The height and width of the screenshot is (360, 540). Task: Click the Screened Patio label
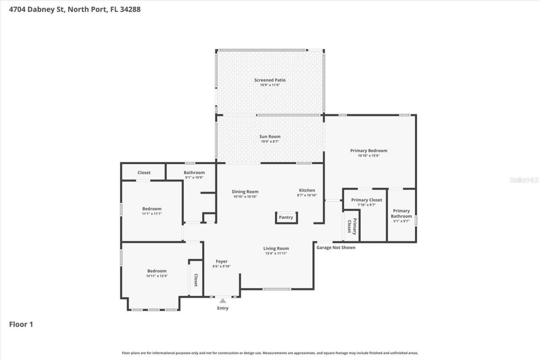tap(270, 80)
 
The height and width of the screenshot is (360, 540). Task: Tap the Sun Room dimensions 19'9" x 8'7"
tap(270, 141)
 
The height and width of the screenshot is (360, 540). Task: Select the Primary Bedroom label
tap(368, 151)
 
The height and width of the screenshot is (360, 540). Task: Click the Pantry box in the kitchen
tap(286, 217)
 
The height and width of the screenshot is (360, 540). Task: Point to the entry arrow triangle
tap(223, 300)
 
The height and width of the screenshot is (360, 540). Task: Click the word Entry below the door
tap(223, 308)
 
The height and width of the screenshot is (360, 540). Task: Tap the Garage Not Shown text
tap(336, 247)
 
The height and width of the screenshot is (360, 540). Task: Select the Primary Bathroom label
tap(401, 213)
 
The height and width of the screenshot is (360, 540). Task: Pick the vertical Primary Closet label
tap(352, 226)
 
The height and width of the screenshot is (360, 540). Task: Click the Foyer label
tap(221, 262)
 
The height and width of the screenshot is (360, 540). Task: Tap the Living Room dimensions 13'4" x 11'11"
tap(276, 253)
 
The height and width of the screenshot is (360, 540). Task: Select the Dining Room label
tap(245, 192)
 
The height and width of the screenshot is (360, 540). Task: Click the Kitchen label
tap(307, 190)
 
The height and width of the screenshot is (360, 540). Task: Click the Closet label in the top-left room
tap(144, 173)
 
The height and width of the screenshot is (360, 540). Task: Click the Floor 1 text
tap(21, 324)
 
